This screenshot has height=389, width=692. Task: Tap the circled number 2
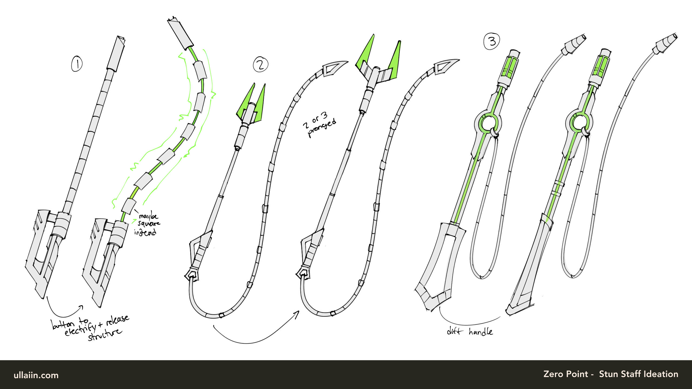pyautogui.click(x=261, y=65)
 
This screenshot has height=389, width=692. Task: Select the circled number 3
pyautogui.click(x=491, y=42)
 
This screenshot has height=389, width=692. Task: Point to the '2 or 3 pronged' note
pyautogui.click(x=320, y=125)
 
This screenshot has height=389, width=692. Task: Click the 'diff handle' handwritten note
pyautogui.click(x=470, y=331)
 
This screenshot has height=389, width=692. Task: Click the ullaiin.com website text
pyautogui.click(x=36, y=375)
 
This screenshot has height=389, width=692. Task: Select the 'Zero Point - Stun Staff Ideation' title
pyautogui.click(x=611, y=374)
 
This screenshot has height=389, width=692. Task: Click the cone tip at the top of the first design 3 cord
pyautogui.click(x=574, y=44)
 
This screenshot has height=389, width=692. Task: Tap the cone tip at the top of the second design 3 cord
pyautogui.click(x=665, y=43)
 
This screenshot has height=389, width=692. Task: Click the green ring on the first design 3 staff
pyautogui.click(x=488, y=124)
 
